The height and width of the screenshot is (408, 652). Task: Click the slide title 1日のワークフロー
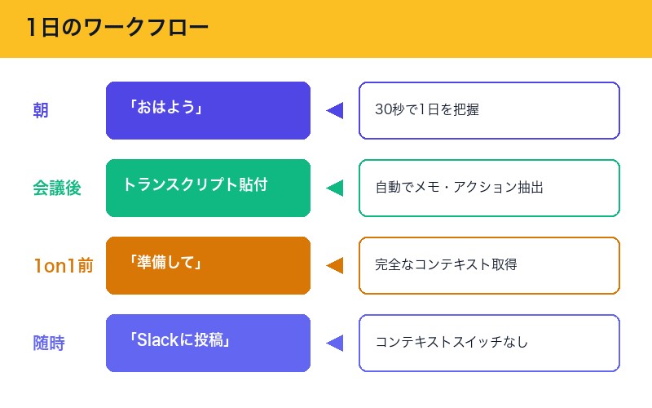point(117,29)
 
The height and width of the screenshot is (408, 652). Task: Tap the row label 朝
point(41,110)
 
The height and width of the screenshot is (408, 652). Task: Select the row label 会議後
point(57,188)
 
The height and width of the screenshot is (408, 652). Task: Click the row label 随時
point(49,343)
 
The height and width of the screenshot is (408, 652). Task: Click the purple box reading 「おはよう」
point(208,110)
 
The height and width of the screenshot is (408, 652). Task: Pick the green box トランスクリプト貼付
point(208,188)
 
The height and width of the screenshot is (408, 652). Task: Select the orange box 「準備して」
point(208,265)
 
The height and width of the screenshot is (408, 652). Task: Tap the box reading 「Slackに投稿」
point(208,343)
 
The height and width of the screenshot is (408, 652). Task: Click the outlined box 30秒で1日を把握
point(489,110)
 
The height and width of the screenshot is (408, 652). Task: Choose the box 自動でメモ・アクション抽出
point(489,188)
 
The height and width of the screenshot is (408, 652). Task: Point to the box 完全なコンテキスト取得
point(489,265)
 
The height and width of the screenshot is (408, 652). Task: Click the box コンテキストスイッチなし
point(489,343)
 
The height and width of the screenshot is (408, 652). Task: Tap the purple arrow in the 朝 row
point(334,110)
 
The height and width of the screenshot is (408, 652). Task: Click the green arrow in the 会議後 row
point(334,188)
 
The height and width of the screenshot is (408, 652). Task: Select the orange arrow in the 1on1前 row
point(334,265)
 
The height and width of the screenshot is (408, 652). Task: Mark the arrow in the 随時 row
point(334,343)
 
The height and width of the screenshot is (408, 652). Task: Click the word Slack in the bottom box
point(159,341)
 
